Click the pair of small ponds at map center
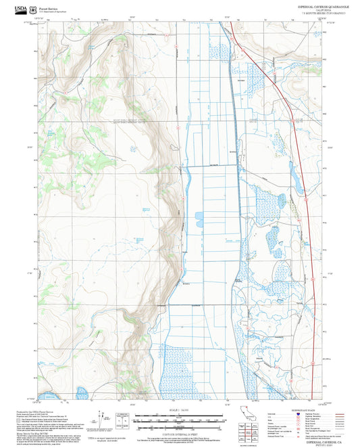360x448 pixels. pos(197,218)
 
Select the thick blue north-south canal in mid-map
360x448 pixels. pos(237,203)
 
